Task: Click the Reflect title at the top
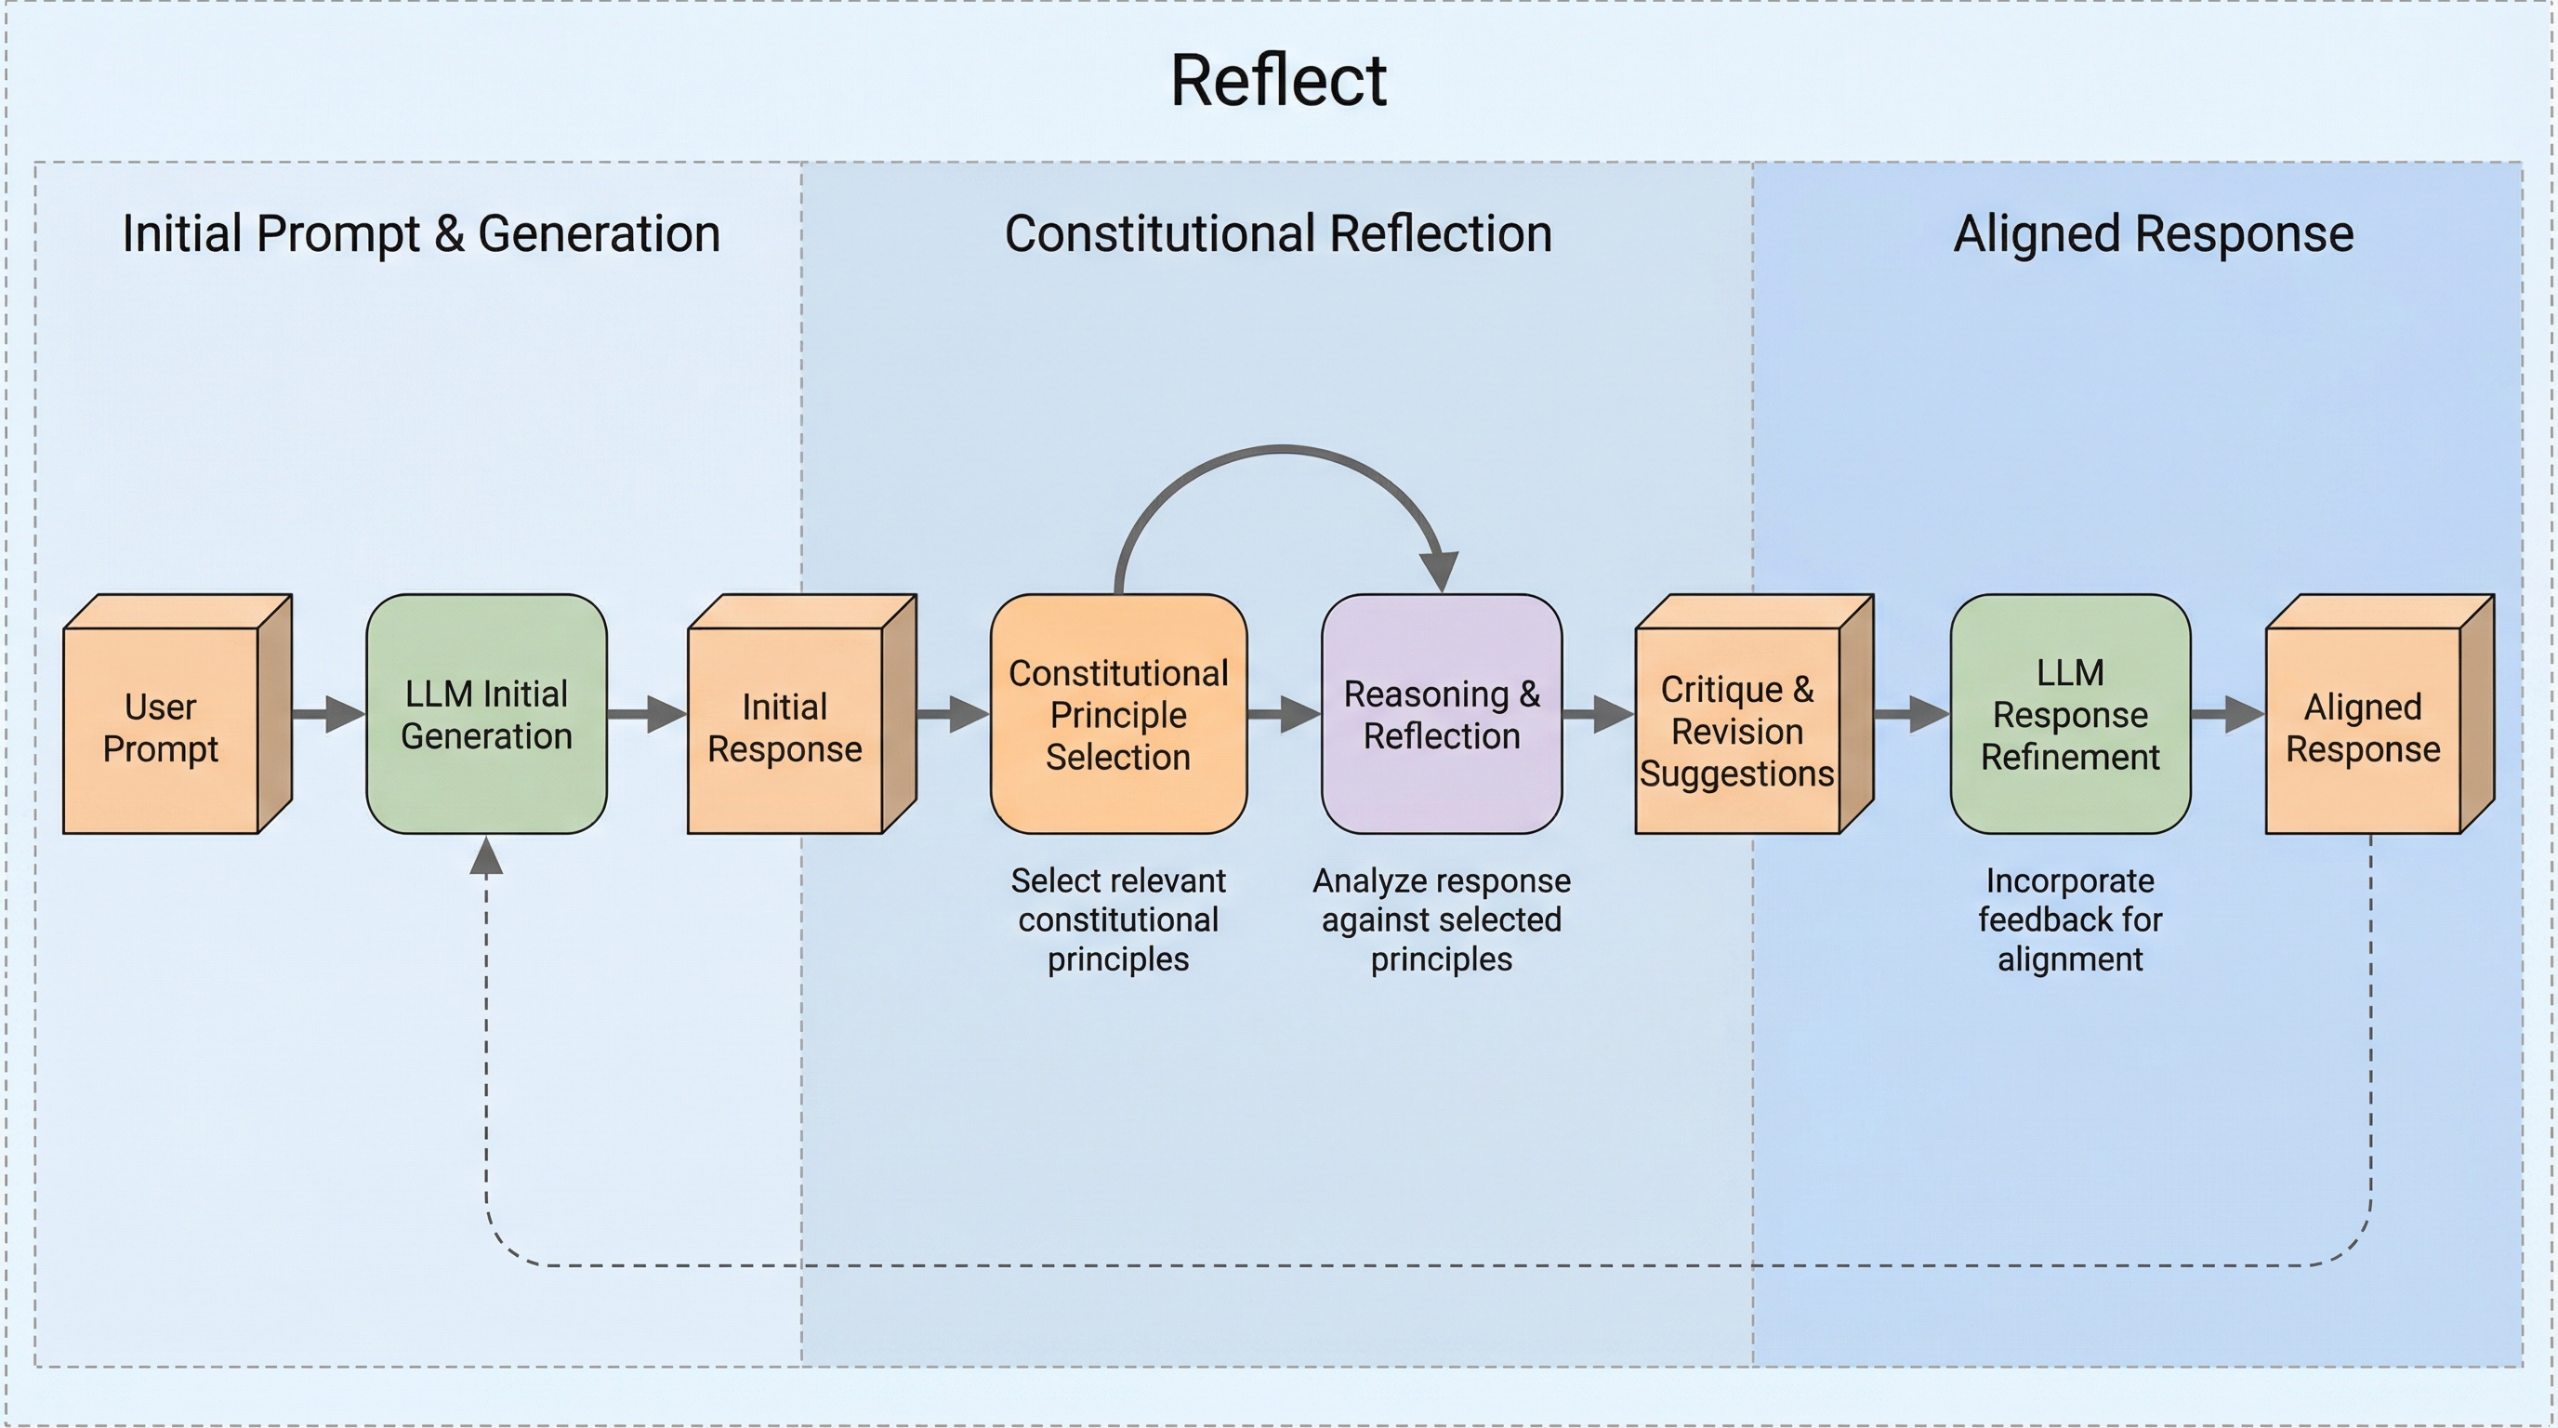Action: [x=1278, y=81]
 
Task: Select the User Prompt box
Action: [x=161, y=728]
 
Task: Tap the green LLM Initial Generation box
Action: [x=486, y=714]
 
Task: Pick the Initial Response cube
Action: [x=785, y=728]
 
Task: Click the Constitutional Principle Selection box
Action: [x=1118, y=714]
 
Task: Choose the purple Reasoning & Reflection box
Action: [x=1441, y=714]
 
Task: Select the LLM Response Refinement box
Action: [x=2069, y=714]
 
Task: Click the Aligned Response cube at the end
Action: [x=2363, y=728]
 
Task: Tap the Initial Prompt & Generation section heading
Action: [x=421, y=234]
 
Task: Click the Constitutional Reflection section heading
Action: [x=1278, y=234]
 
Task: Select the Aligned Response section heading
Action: [x=2153, y=234]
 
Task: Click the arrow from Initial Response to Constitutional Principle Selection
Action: [x=953, y=713]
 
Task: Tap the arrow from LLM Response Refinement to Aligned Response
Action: [x=2227, y=713]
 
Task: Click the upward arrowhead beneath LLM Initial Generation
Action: [x=485, y=856]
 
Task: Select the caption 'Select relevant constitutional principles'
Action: [x=1118, y=919]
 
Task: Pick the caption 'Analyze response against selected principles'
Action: [x=1441, y=919]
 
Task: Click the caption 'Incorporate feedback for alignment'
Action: [x=2069, y=919]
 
